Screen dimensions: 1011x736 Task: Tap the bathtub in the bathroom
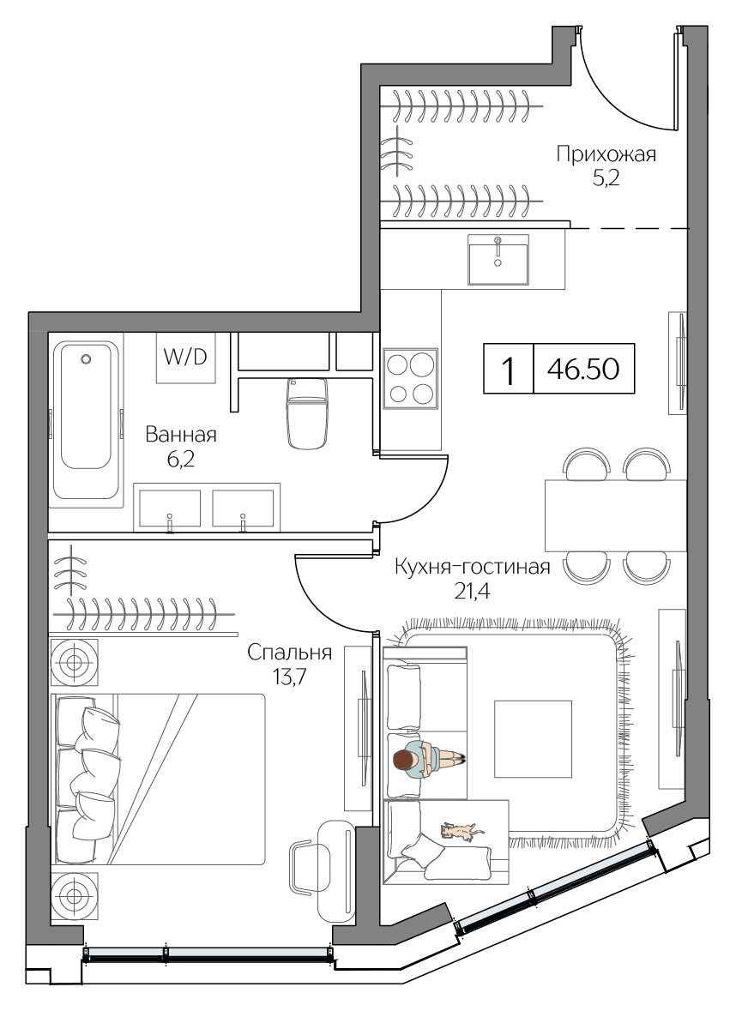pos(85,419)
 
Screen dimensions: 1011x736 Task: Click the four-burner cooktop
pos(410,378)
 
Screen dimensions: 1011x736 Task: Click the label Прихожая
pos(606,154)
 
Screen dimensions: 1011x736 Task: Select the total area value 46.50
pos(584,370)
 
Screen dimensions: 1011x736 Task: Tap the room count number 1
pos(508,370)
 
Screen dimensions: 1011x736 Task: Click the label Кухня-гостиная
pos(471,567)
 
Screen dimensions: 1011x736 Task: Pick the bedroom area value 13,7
pos(289,676)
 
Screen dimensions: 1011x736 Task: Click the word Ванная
pos(180,435)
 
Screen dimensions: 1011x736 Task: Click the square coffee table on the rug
pos(533,738)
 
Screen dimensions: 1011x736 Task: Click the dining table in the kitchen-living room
pos(615,515)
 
